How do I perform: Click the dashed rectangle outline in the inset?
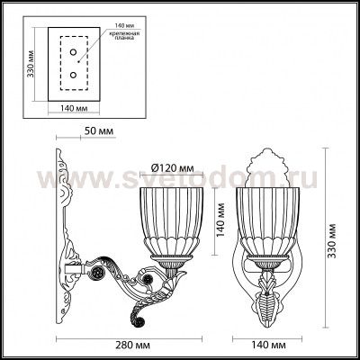pyautogui.click(x=52, y=63)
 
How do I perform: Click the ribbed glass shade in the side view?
pyautogui.click(x=167, y=220)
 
